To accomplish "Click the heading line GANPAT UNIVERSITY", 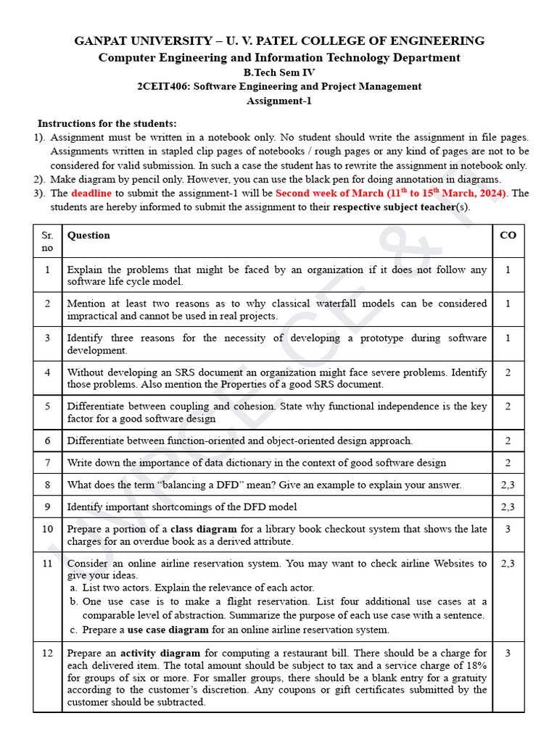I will coord(279,41).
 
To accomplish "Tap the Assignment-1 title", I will coord(279,101).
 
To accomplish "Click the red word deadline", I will coord(91,193).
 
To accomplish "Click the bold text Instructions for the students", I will coord(107,124).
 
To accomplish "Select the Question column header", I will coord(88,235).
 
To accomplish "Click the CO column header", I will coord(508,235).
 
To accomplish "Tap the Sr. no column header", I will coord(47,242).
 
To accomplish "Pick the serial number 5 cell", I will coord(47,407).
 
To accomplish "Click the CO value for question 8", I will coord(508,485).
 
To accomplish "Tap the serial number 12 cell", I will coord(47,653).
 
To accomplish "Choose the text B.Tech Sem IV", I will coord(279,72).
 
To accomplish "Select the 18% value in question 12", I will coord(475,665).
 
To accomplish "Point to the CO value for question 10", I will coord(508,529).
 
